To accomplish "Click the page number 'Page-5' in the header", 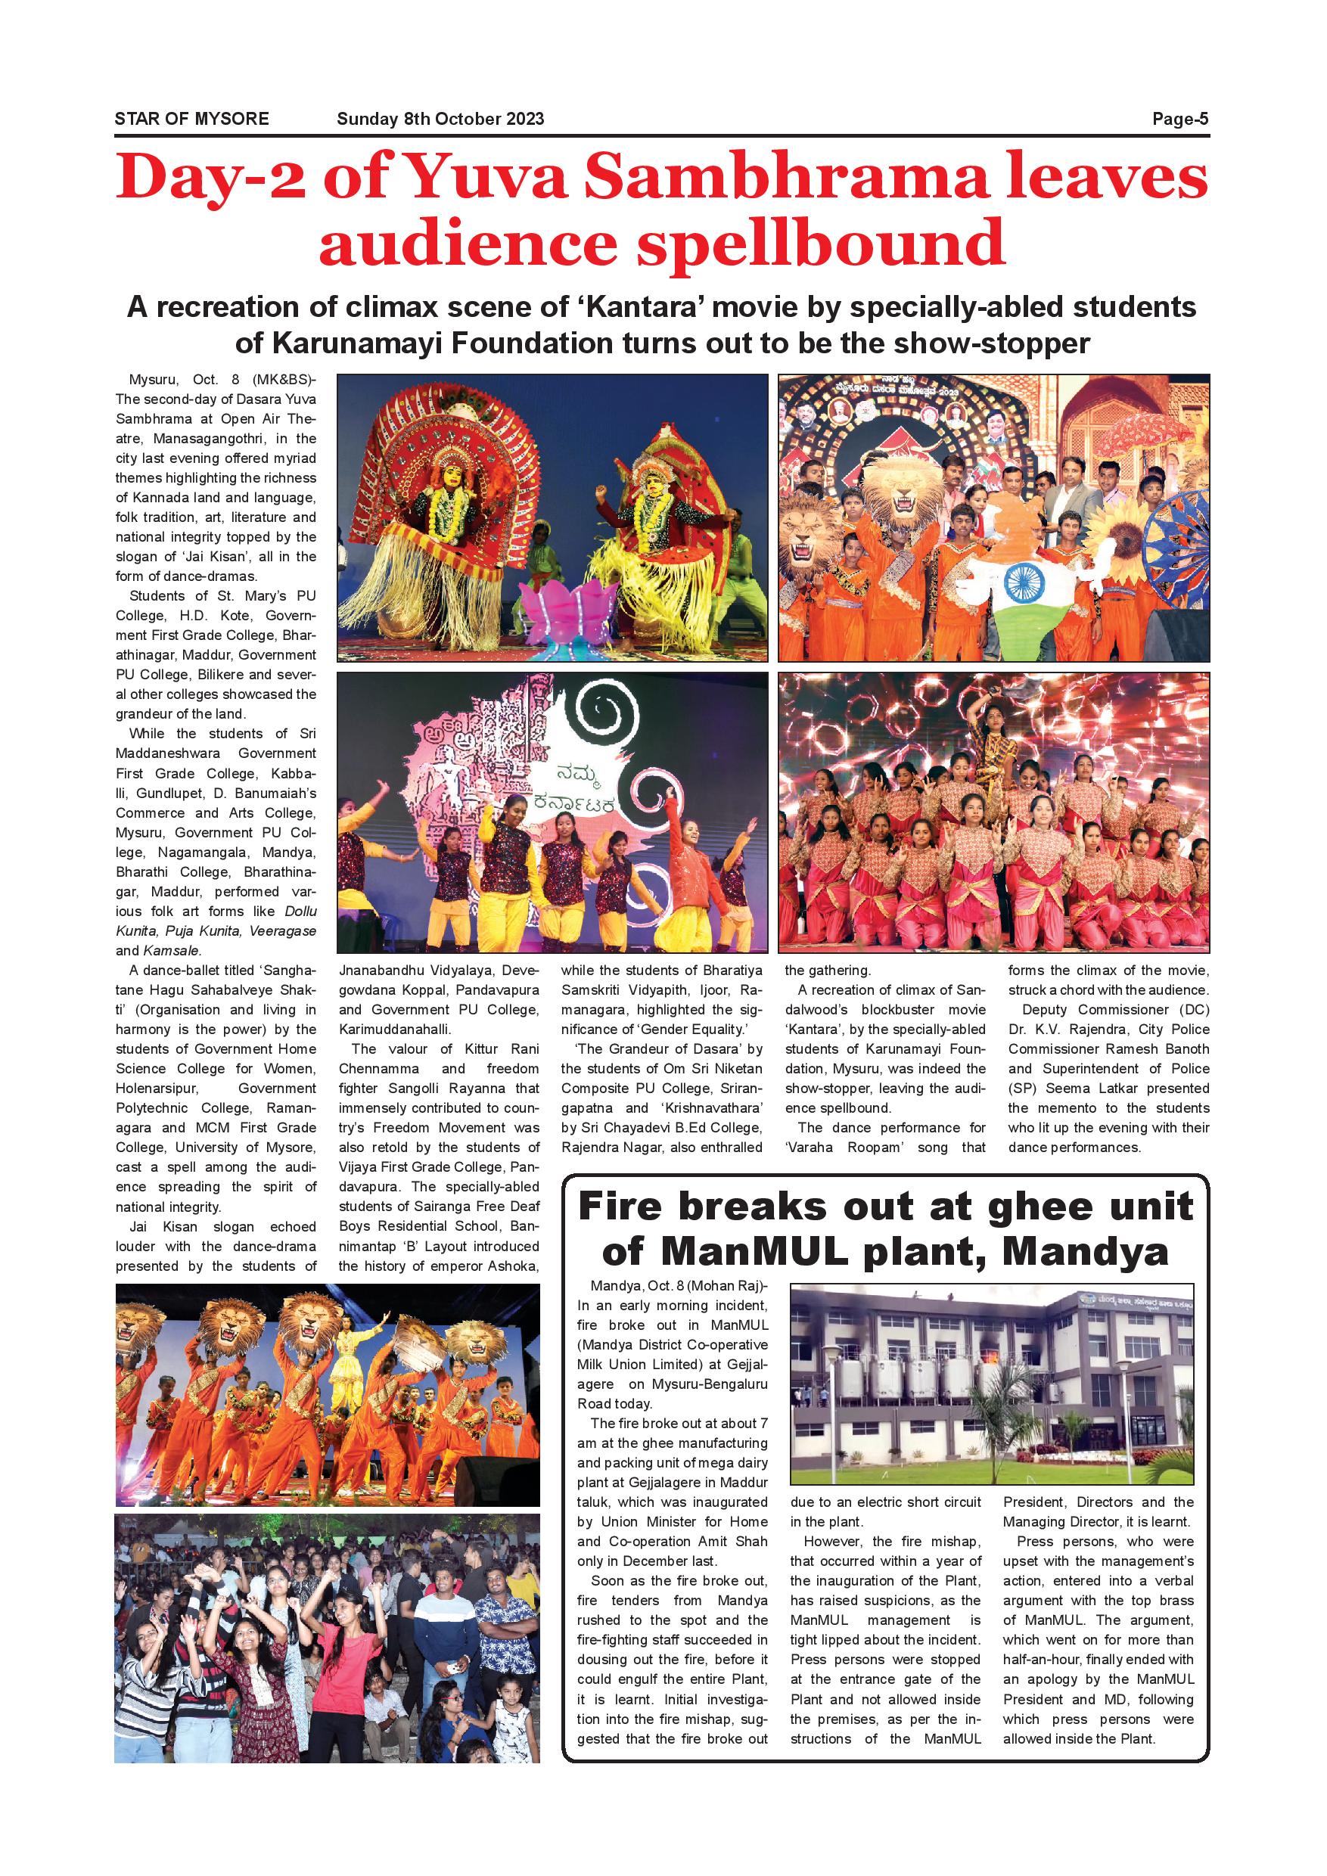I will pyautogui.click(x=1179, y=120).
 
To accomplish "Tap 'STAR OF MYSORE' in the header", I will pyautogui.click(x=192, y=120).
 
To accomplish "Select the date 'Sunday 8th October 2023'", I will pyautogui.click(x=440, y=120).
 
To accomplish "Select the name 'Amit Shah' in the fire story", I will pyautogui.click(x=735, y=1542).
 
